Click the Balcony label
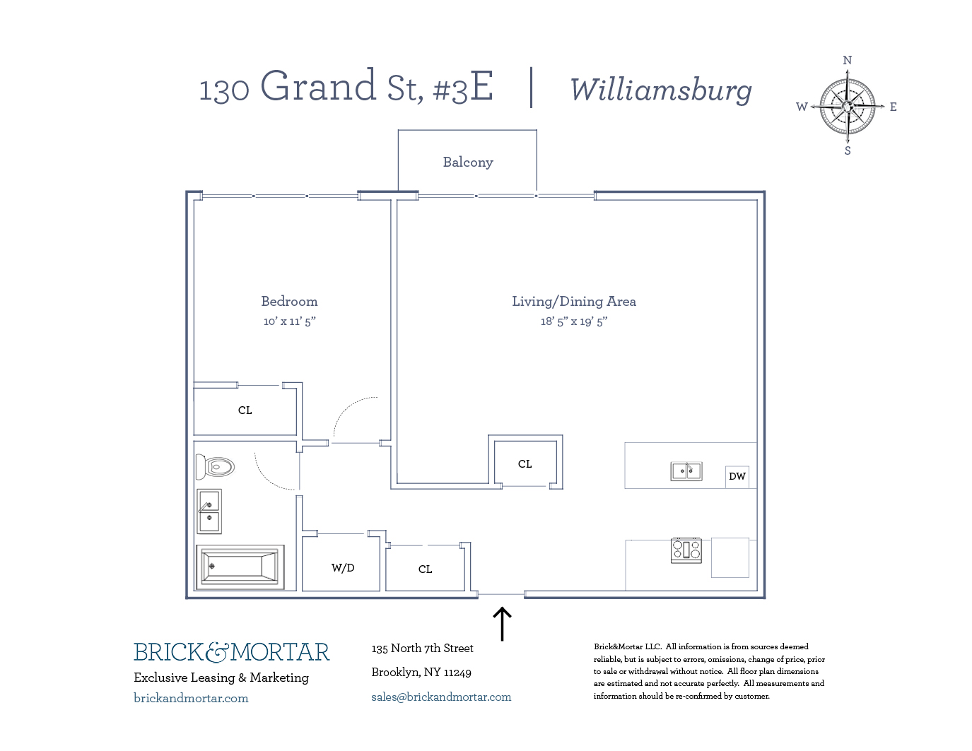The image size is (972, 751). coord(467,162)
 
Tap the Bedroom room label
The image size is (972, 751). coord(289,302)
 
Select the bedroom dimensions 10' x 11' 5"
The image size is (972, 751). coord(289,321)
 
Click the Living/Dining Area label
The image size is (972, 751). coord(573,302)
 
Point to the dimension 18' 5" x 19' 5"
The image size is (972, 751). coord(573,321)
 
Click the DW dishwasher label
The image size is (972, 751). coord(737,476)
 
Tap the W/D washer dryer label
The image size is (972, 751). coord(343,568)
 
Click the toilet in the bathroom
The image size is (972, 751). coord(216,466)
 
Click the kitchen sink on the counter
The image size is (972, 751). coord(686,471)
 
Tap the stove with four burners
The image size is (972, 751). coord(686,550)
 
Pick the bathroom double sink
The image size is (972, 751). coord(209,511)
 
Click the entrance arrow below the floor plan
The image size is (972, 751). coord(501,623)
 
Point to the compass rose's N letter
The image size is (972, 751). coord(847,61)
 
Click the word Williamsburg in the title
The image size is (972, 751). coord(660,90)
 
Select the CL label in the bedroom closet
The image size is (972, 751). coord(245,410)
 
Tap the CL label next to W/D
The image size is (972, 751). coord(425,569)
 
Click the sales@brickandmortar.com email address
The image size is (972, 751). coord(440,697)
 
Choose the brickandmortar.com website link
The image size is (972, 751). coord(191,698)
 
